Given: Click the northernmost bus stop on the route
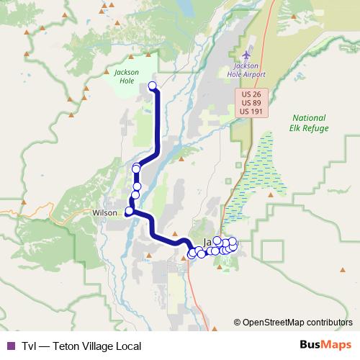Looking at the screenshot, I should pos(152,86).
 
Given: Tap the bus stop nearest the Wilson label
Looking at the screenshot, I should pos(129,211).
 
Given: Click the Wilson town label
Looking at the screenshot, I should pos(104,213).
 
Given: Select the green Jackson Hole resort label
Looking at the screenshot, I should pos(126,76).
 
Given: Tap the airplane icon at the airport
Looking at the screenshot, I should pos(248,55).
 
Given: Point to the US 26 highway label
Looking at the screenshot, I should pos(251,94).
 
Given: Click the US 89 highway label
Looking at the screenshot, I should pos(251,103).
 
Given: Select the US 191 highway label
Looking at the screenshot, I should pos(251,112).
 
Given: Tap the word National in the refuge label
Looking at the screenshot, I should pos(310,118).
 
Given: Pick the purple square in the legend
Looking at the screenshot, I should pos(10,346).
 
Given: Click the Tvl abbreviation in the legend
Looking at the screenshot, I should pos(28,346).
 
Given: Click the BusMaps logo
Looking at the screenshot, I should pos(324,345).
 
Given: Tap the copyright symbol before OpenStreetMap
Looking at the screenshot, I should pos(238,322).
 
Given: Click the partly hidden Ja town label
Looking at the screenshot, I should pos(208,242).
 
